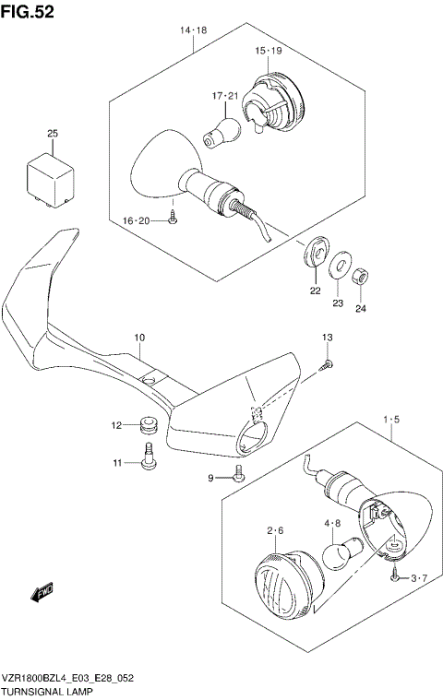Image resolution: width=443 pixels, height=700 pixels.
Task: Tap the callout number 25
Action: pos(53,135)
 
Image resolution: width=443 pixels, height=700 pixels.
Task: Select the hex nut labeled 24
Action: pos(363,274)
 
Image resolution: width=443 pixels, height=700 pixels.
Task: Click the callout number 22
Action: pos(315,291)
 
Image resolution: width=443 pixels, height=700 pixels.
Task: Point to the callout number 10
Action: pos(138,338)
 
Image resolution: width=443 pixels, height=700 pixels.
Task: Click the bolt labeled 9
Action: pos(239,474)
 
